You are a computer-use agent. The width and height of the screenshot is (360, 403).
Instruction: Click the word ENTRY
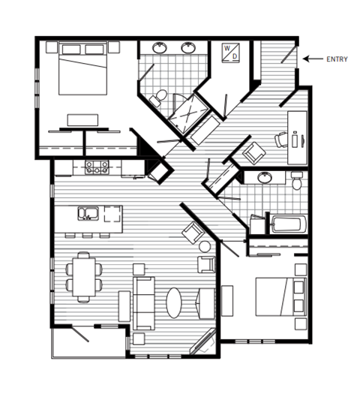click(337, 59)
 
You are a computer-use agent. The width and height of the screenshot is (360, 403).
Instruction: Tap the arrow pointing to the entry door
click(313, 59)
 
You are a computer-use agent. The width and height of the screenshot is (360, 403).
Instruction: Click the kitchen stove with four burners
click(97, 167)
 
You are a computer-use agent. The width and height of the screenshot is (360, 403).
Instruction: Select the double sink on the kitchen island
click(88, 213)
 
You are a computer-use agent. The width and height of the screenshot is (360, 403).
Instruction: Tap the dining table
click(83, 276)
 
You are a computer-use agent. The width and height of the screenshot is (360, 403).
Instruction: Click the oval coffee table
click(174, 302)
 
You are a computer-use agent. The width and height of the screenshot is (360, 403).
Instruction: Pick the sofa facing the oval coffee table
click(143, 302)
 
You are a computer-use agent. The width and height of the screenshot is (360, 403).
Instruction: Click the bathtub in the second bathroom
click(287, 224)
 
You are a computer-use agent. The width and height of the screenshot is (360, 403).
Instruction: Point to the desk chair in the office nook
click(281, 140)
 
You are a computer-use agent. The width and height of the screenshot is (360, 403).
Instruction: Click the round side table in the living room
click(205, 246)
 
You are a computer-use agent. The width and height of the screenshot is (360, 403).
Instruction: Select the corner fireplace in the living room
click(202, 344)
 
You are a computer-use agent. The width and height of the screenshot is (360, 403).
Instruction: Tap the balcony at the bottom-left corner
click(88, 342)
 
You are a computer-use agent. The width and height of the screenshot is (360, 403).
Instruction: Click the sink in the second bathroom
click(265, 178)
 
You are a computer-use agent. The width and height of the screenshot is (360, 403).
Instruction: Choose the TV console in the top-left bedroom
click(83, 119)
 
